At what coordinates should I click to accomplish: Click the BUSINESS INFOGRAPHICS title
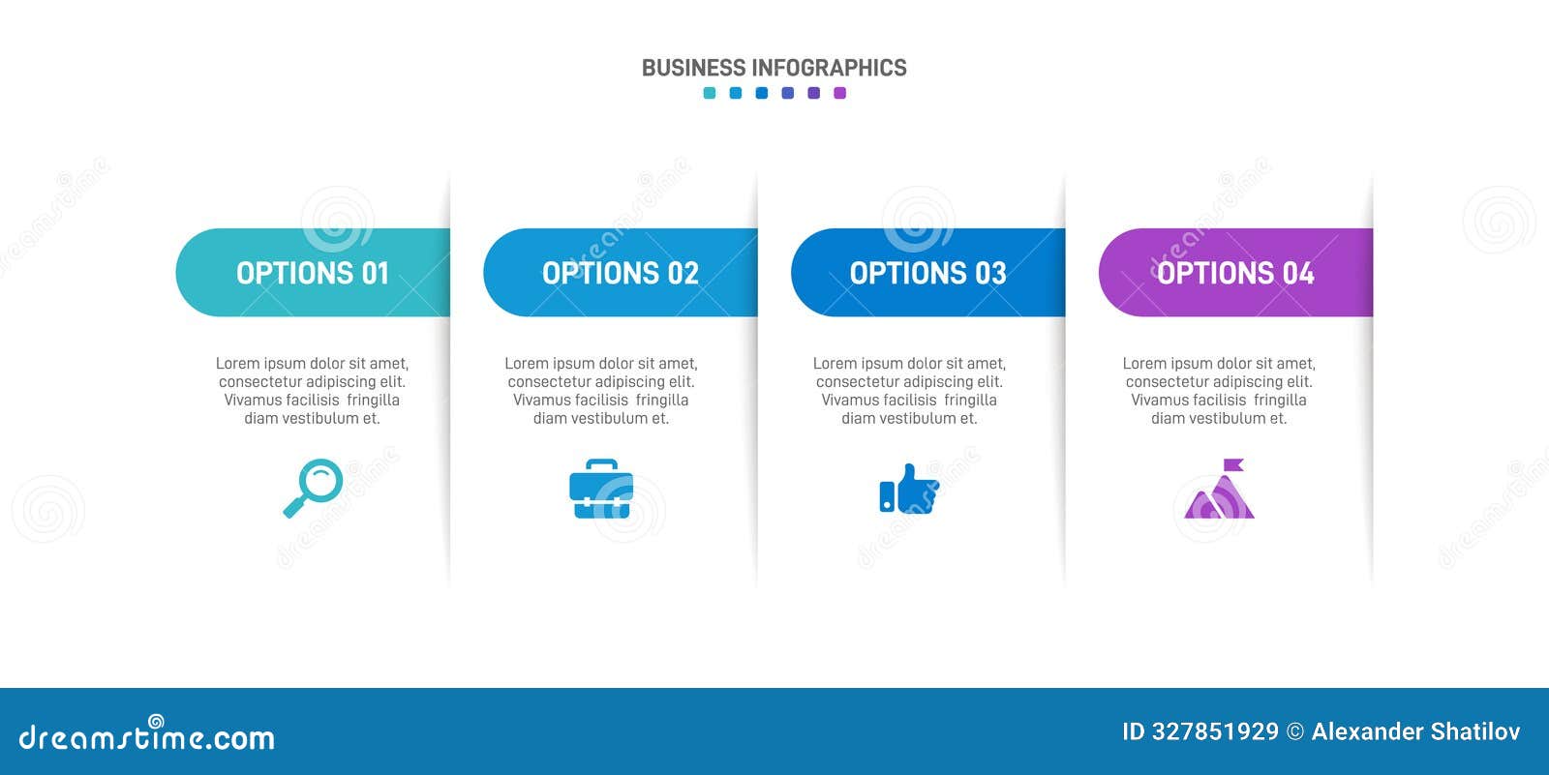coord(774,68)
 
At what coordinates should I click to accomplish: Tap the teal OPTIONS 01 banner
coord(313,273)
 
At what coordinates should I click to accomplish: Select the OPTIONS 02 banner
coord(620,273)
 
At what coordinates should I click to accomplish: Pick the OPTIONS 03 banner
coord(927,273)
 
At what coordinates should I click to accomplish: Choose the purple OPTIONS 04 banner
coord(1235,273)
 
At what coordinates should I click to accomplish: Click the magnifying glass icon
coord(314,488)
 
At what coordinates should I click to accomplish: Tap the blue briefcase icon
coord(601,491)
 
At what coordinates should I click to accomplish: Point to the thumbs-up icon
coord(908,490)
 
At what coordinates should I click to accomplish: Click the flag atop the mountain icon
coord(1232,465)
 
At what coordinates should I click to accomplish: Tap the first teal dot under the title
coord(710,93)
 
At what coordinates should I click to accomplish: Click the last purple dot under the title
coord(839,93)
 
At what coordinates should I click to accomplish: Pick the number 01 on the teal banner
coord(375,274)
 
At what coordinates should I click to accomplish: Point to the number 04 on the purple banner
coord(1298,274)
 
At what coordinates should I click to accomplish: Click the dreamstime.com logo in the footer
coord(146,737)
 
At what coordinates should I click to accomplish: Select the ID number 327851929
coord(1214,732)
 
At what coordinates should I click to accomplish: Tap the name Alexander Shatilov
coord(1415,732)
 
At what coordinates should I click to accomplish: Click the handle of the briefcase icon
coord(601,465)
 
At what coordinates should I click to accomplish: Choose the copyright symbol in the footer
coord(1295,732)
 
